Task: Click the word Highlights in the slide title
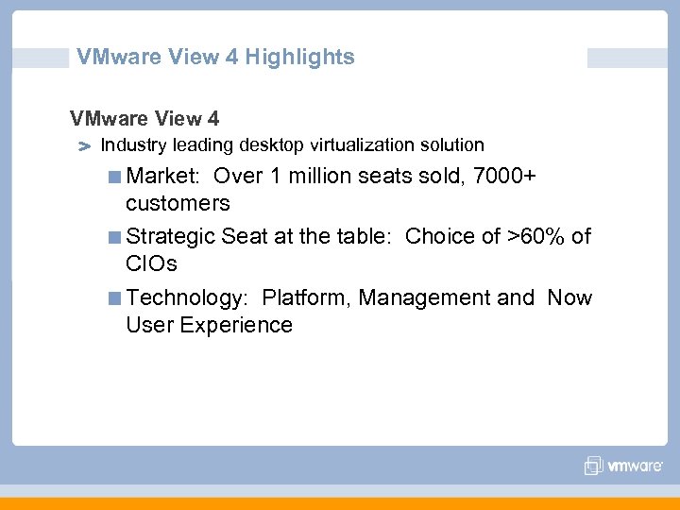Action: point(299,57)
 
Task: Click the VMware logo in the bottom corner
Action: point(623,466)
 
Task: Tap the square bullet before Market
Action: point(114,177)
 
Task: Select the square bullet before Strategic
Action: point(114,237)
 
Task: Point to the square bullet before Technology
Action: point(114,298)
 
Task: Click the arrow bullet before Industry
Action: point(83,147)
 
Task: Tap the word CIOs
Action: point(151,263)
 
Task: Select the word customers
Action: point(178,203)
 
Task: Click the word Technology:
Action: point(187,297)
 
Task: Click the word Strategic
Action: point(170,236)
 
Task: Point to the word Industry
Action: point(131,145)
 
